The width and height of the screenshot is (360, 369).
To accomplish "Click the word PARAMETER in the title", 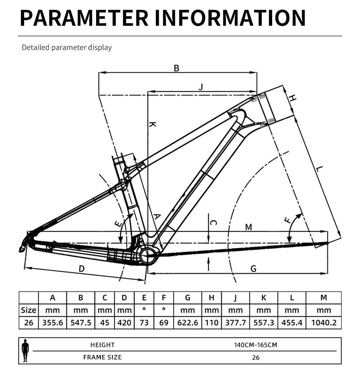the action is [x=84, y=18].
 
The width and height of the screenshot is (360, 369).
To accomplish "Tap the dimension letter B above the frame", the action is [x=176, y=68].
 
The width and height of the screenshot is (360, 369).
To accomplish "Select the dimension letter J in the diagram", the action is [x=201, y=87].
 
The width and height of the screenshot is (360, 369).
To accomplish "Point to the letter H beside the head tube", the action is [x=292, y=98].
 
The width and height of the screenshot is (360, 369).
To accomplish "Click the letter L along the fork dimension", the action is [x=319, y=168].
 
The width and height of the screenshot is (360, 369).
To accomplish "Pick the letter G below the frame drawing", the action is [x=253, y=269].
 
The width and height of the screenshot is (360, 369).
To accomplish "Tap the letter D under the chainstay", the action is [x=82, y=269].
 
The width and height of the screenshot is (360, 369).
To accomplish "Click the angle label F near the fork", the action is [x=288, y=220].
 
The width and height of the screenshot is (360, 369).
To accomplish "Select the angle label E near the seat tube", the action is [x=118, y=224].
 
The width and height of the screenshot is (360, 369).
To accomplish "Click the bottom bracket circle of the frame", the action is [x=148, y=256].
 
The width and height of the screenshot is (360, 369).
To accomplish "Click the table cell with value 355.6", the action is [x=53, y=323].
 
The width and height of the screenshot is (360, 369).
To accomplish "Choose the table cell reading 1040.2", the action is [x=324, y=323].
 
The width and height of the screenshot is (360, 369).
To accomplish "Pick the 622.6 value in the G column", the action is [x=188, y=323].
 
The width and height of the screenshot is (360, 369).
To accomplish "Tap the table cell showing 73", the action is [x=144, y=323].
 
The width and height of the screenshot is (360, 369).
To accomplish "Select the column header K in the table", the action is [x=264, y=298].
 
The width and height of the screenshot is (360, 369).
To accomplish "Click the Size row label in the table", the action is [x=28, y=310].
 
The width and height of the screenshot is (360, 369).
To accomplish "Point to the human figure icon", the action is [x=25, y=351].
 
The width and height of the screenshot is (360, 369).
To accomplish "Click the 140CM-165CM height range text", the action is [x=256, y=345].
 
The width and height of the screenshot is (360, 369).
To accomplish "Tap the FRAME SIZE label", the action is [x=102, y=357].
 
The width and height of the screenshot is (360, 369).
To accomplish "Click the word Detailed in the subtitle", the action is [x=36, y=48].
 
